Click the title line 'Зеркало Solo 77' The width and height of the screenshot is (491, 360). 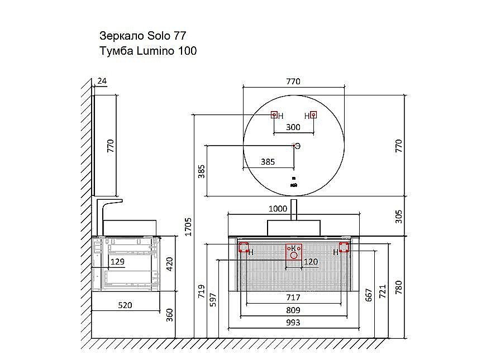pyautogui.click(x=142, y=36)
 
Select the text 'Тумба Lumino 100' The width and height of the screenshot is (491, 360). pyautogui.click(x=147, y=51)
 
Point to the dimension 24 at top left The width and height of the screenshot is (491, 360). pyautogui.click(x=102, y=81)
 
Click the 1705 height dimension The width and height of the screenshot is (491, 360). pyautogui.click(x=188, y=226)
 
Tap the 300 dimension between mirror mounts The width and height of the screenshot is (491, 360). pyautogui.click(x=293, y=127)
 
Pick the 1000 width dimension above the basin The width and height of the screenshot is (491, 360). pyautogui.click(x=278, y=209)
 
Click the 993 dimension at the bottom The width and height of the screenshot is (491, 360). pyautogui.click(x=293, y=322)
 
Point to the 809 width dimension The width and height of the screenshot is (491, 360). pyautogui.click(x=293, y=310)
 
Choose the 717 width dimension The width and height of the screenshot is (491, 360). pyautogui.click(x=293, y=297)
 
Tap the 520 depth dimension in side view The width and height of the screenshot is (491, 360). pyautogui.click(x=126, y=305)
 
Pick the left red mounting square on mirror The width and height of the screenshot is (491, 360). pyautogui.click(x=274, y=114)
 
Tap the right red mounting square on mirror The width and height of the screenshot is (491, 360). pyautogui.click(x=313, y=114)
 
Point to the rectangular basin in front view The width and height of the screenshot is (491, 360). pyautogui.click(x=294, y=227)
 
